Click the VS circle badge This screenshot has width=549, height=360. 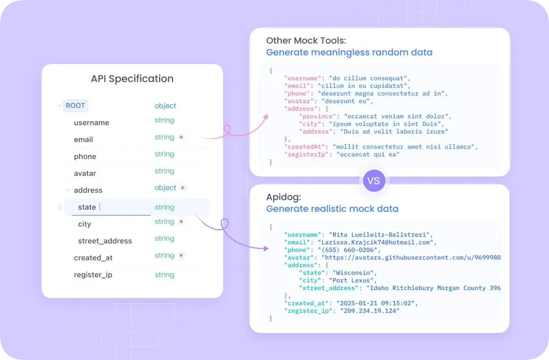coord(374,181)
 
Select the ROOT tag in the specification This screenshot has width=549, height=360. coord(75,106)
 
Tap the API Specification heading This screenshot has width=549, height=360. coord(132,79)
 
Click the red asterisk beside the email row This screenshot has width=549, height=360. coord(181,137)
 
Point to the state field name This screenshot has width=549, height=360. coord(87,207)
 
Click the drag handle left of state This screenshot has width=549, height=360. coord(59,207)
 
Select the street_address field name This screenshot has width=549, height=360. coord(105,241)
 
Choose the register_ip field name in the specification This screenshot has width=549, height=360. coord(93,275)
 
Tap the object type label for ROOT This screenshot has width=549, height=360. coord(165,106)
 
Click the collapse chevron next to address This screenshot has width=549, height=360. coord(68,190)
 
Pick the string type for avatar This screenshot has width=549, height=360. coord(164,171)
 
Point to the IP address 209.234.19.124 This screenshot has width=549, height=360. coord(370,311)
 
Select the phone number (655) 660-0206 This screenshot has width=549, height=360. coord(348,250)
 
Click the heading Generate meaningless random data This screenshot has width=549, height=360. coord(349,53)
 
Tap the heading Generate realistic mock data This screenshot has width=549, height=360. coord(332,209)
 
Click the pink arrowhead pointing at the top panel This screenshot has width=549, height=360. coord(266,117)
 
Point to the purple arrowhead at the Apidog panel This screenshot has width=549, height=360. coord(266,248)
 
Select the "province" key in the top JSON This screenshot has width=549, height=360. coord(318,116)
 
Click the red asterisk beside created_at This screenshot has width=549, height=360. coord(181,255)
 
